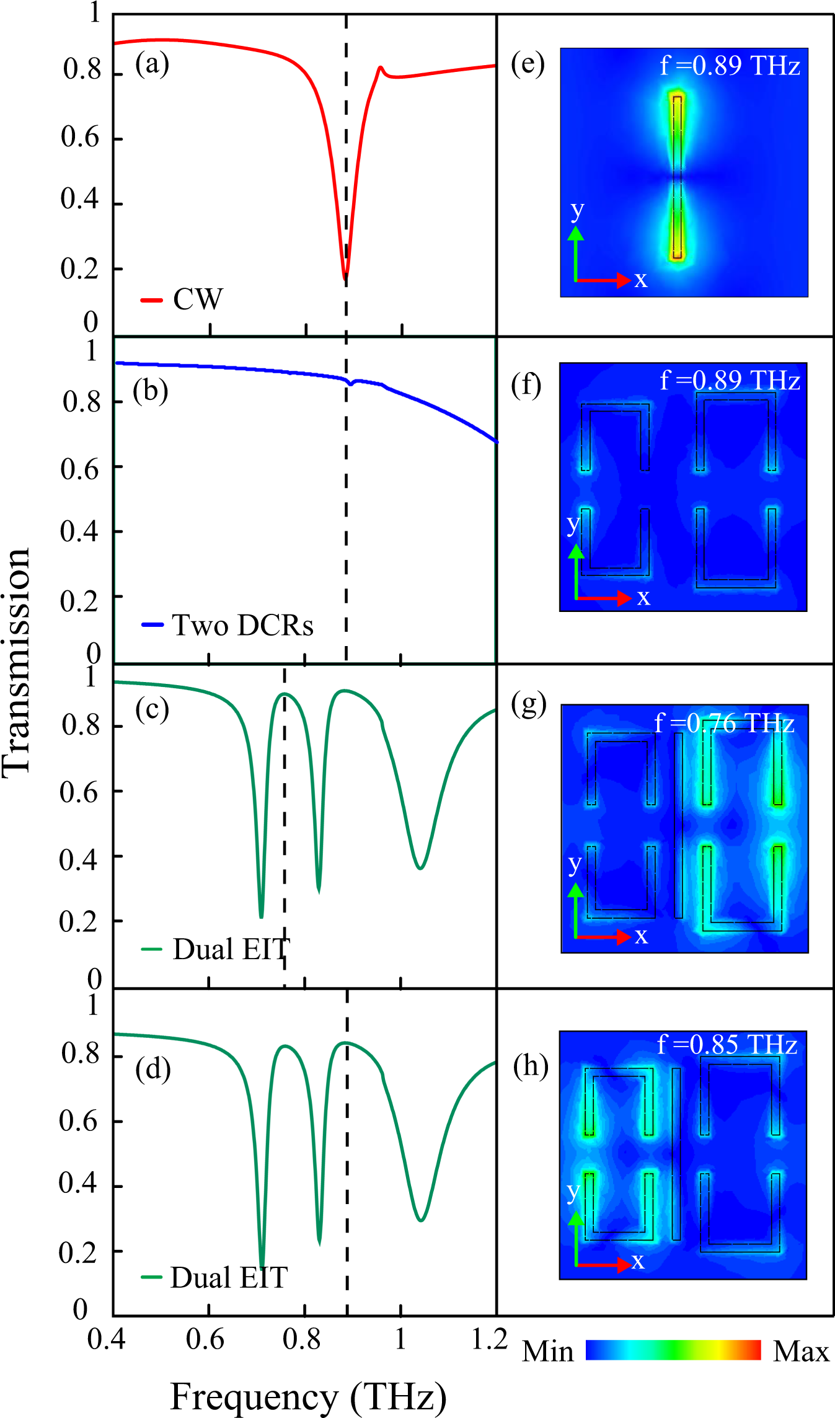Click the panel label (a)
click(152, 64)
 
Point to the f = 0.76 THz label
click(724, 724)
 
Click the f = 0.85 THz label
click(727, 1045)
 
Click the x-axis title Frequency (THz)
click(308, 1396)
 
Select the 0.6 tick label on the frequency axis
click(205, 1339)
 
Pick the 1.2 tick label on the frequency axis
click(490, 1339)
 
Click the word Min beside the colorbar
click(548, 1352)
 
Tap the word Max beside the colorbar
click(801, 1352)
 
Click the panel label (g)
click(528, 704)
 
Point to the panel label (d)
click(152, 1070)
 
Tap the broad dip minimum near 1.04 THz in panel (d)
click(421, 1220)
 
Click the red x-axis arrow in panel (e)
click(604, 280)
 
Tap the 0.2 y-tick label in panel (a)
click(79, 269)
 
